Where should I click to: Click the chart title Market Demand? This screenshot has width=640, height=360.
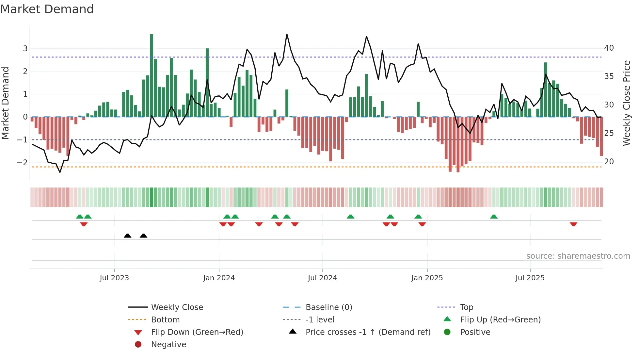tap(47, 9)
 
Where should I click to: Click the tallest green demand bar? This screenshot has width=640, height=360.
tap(152, 75)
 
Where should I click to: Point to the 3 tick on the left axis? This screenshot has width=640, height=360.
tap(25, 49)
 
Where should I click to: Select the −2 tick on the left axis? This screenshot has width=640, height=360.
tap(23, 162)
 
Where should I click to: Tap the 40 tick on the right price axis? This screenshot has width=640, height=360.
tap(609, 48)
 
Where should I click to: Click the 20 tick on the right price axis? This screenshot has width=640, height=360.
tap(609, 162)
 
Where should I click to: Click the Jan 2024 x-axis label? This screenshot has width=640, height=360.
tap(219, 278)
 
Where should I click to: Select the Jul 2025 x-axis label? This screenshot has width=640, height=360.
tap(530, 278)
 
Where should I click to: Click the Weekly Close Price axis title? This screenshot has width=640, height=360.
tap(626, 103)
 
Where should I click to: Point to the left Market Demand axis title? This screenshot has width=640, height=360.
tap(5, 103)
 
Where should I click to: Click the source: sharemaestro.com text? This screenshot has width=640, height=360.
tap(578, 256)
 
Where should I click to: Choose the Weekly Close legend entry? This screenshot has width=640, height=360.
tap(177, 307)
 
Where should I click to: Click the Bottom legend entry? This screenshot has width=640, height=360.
tap(165, 320)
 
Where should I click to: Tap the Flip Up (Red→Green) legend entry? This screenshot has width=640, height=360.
tap(500, 320)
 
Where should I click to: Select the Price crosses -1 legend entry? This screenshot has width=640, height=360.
tap(368, 332)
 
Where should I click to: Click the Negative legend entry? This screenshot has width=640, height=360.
tap(168, 345)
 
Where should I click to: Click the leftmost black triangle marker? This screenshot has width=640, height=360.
tap(128, 236)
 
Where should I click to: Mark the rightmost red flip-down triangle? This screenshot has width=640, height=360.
tap(573, 224)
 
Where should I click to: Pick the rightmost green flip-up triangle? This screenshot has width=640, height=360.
tap(494, 217)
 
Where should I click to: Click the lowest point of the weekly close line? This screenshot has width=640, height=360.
tap(60, 172)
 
